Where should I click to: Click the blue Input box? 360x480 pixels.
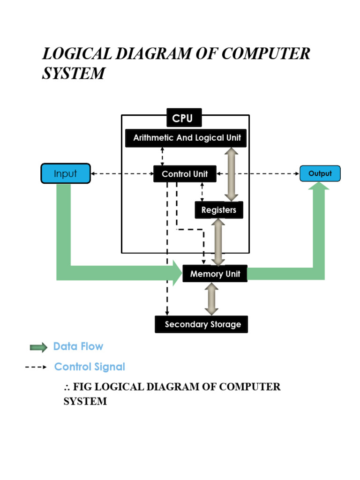pyautogui.click(x=66, y=174)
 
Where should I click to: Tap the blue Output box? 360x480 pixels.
pyautogui.click(x=320, y=174)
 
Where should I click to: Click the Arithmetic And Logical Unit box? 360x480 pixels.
pyautogui.click(x=187, y=138)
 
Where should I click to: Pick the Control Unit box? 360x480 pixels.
pyautogui.click(x=185, y=174)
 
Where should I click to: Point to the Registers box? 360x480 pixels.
pyautogui.click(x=219, y=210)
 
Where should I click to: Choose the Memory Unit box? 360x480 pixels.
pyautogui.click(x=215, y=274)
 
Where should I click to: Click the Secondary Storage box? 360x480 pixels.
pyautogui.click(x=202, y=324)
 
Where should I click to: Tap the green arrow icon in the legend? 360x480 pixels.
pyautogui.click(x=38, y=347)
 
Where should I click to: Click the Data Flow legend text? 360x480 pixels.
pyautogui.click(x=78, y=346)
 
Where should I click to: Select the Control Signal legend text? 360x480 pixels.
pyautogui.click(x=90, y=367)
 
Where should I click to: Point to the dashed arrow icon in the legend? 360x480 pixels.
pyautogui.click(x=36, y=367)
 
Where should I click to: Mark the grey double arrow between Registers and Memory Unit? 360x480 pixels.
pyautogui.click(x=218, y=242)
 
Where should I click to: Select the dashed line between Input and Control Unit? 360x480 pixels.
pyautogui.click(x=122, y=174)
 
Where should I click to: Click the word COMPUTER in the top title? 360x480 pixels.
pyautogui.click(x=265, y=54)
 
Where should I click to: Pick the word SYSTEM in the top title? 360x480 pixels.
pyautogui.click(x=73, y=74)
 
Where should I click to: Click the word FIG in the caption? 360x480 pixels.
pyautogui.click(x=82, y=387)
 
